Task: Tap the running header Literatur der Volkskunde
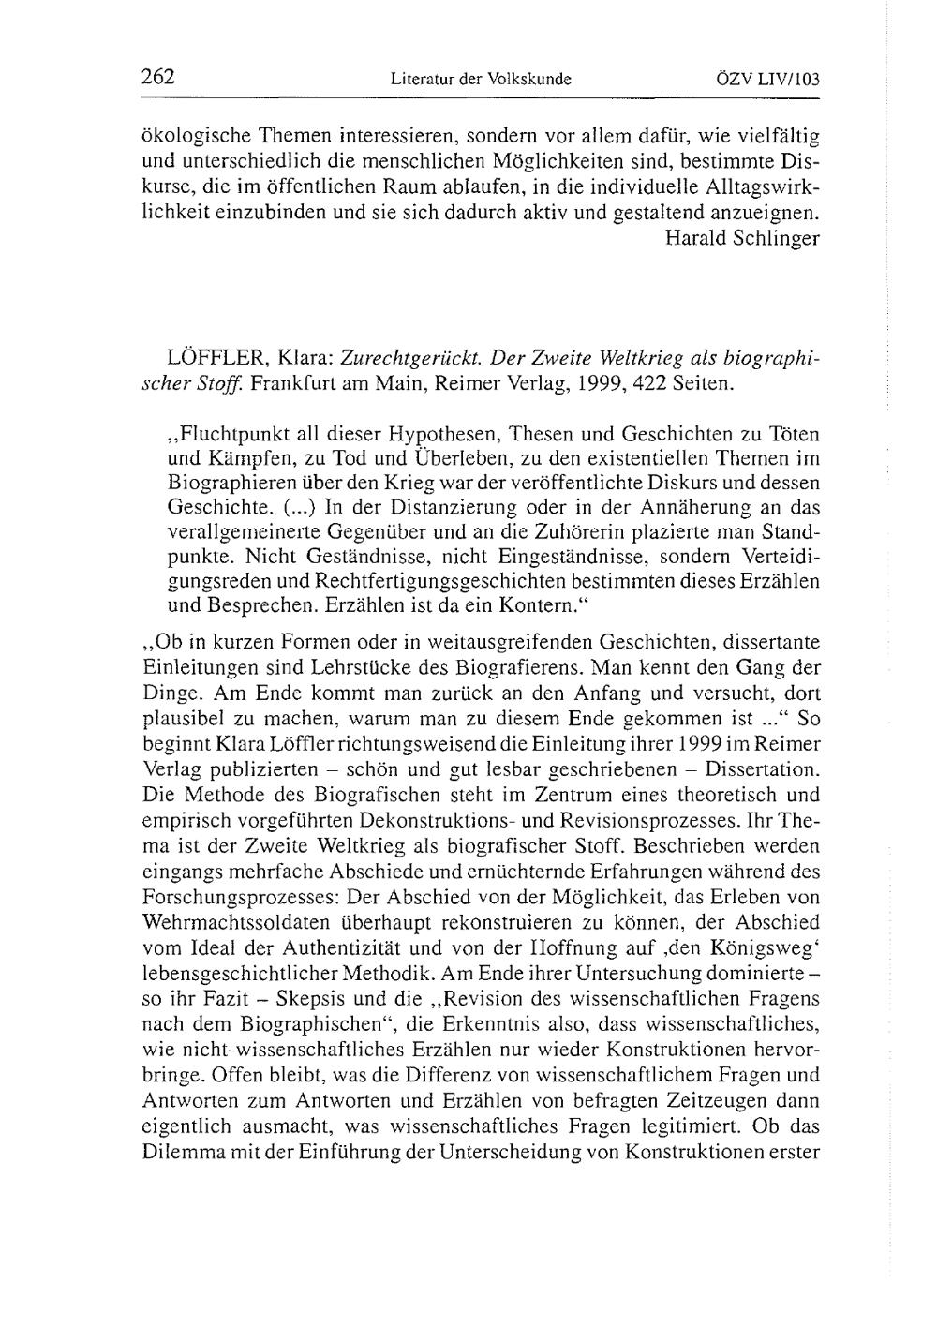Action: tap(481, 81)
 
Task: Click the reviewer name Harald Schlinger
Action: tap(742, 238)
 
